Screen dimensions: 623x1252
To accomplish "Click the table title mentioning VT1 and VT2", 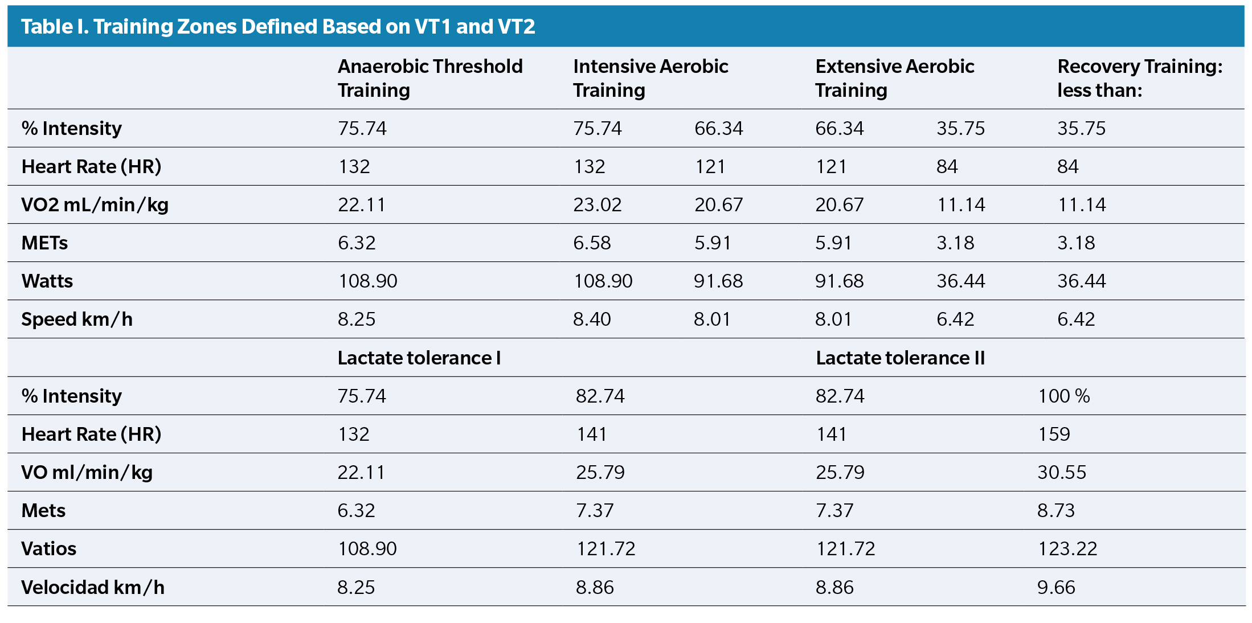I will (278, 27).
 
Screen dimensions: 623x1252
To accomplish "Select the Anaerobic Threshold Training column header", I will (430, 78).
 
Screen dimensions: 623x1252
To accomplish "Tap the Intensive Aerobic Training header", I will (650, 78).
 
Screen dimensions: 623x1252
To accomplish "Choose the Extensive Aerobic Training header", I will (894, 78).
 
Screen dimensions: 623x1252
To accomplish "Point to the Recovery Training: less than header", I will (1139, 78).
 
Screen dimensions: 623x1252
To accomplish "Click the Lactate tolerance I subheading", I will (419, 358).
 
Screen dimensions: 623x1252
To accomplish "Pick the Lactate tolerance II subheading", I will (900, 358).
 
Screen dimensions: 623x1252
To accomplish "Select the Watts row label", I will (47, 281).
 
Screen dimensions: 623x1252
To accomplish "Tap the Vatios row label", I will (49, 548).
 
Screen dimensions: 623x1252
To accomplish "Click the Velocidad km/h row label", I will (93, 587).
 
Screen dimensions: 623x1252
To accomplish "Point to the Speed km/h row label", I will (77, 319).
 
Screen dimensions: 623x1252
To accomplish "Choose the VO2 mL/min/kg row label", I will (95, 204).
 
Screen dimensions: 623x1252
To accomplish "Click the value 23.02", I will (597, 204).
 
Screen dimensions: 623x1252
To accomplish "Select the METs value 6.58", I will (592, 243).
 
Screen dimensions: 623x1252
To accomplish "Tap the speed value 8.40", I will (592, 319).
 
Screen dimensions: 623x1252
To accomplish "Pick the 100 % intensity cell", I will (1063, 396).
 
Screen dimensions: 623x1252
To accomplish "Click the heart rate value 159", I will (1054, 434).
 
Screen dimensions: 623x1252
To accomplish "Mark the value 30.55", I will (1062, 472).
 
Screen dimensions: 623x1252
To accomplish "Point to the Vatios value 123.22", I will (1067, 548).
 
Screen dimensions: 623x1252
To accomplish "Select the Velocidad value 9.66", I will (1056, 587).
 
